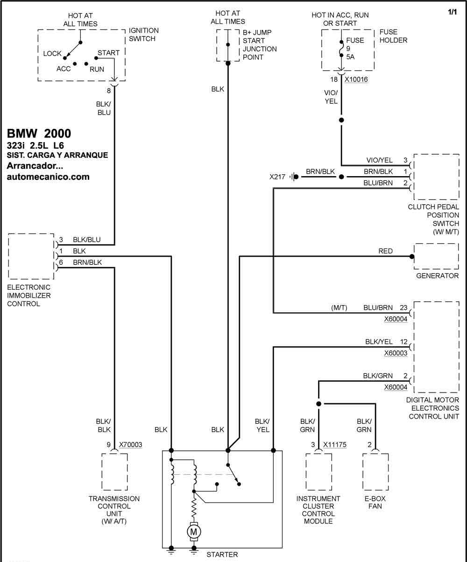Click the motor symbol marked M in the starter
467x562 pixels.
click(194, 532)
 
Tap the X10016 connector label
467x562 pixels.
click(356, 79)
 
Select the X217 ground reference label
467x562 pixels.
click(277, 177)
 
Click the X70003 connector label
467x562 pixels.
click(130, 444)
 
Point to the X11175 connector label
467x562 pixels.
click(335, 444)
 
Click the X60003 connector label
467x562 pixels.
click(396, 353)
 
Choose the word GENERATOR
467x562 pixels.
click(437, 276)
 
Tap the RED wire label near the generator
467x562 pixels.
click(385, 251)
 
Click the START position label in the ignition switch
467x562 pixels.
click(108, 53)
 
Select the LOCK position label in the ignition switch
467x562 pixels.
click(52, 54)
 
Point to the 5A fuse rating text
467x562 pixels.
click(350, 57)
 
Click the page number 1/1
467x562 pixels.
click(452, 12)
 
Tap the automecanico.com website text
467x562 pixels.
click(48, 177)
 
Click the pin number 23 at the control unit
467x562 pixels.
click(403, 307)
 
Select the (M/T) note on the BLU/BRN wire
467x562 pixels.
click(339, 308)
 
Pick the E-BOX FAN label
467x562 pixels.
click(375, 502)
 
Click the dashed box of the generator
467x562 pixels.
click(436, 243)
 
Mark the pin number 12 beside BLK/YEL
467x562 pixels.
click(404, 341)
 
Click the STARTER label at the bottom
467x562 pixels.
click(222, 555)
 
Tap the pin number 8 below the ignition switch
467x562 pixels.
click(109, 91)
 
